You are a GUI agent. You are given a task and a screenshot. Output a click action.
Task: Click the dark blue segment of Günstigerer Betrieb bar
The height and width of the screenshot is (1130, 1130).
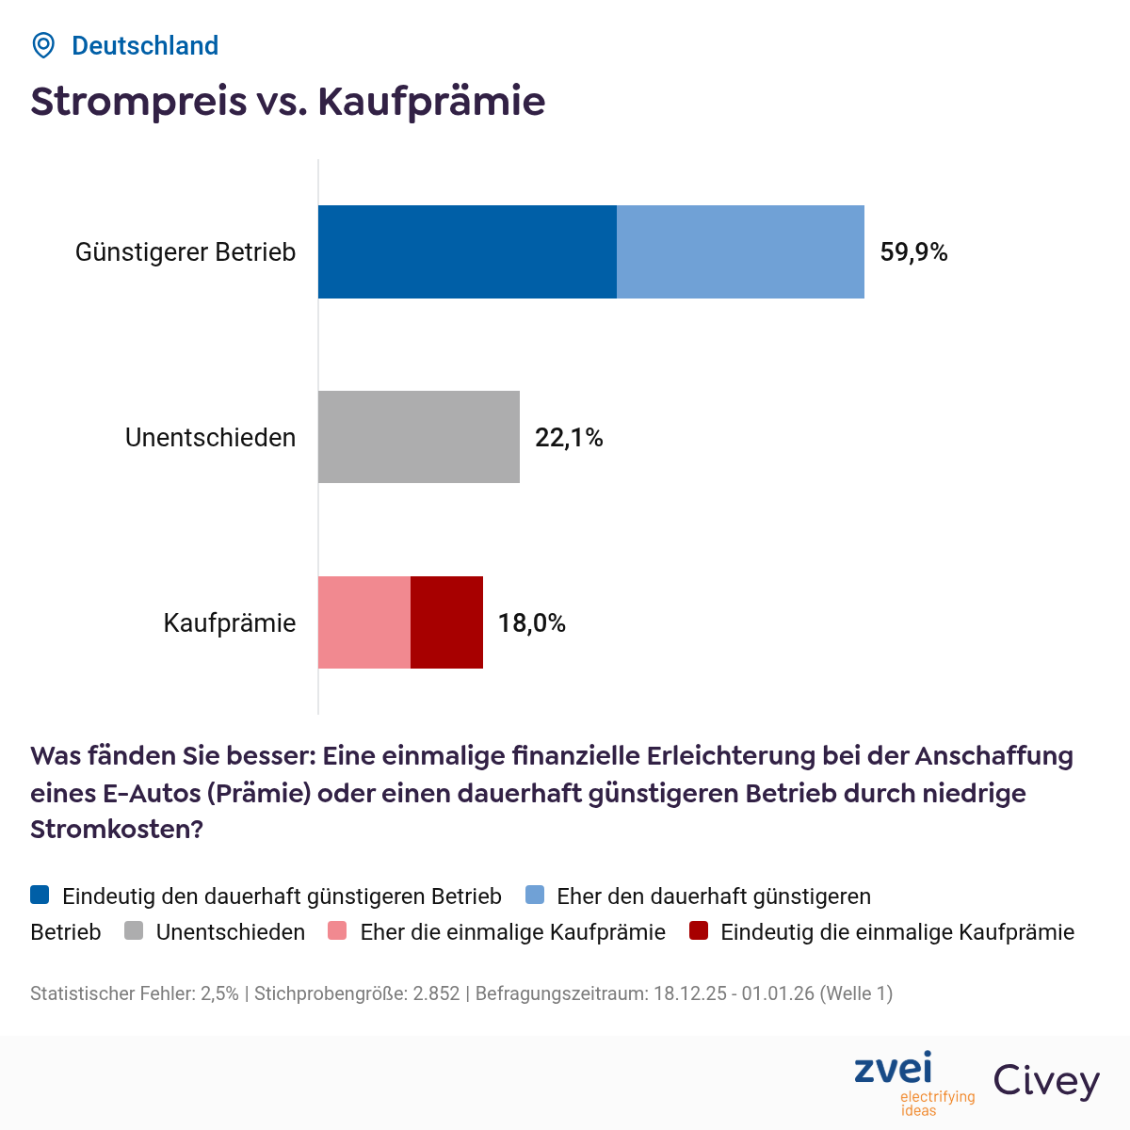467,251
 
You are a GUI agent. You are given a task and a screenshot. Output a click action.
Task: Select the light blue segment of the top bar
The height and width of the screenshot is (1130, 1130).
740,251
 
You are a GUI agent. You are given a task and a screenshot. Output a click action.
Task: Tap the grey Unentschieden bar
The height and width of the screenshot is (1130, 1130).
419,437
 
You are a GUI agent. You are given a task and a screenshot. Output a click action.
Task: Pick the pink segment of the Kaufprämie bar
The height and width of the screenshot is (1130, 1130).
364,622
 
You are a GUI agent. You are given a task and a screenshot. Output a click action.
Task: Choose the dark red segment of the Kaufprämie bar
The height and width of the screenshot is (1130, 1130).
446,622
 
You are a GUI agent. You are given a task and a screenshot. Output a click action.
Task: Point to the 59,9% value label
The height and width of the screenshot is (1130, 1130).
913,252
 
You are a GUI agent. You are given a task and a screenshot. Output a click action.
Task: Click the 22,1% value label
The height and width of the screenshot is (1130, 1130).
569,438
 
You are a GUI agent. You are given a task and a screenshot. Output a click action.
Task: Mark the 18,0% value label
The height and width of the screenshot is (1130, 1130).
532,623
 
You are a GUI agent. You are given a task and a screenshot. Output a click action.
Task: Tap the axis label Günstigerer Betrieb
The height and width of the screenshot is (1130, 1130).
186,252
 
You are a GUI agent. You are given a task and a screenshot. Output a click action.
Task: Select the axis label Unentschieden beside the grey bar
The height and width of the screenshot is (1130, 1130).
210,438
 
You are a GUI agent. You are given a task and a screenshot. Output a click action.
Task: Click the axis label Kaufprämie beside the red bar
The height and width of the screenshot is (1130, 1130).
230,623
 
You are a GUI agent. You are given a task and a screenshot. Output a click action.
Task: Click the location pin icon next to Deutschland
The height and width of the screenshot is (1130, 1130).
43,45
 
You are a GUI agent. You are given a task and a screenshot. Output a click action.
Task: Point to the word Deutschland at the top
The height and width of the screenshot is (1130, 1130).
145,45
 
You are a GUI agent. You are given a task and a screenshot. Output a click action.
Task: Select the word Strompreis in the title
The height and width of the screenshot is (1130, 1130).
138,102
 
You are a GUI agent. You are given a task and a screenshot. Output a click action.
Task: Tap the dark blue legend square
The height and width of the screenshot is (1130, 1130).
40,896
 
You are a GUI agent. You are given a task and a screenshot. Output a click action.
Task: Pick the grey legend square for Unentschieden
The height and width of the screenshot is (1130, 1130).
134,932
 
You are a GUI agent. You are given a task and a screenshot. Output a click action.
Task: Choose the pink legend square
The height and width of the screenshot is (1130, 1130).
338,932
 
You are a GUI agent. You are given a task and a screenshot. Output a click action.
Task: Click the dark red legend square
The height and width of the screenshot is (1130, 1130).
698,932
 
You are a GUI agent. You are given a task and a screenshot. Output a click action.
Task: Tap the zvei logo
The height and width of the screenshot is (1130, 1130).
894,1070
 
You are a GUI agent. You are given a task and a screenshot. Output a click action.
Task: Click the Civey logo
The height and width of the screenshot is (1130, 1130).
1046,1080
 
